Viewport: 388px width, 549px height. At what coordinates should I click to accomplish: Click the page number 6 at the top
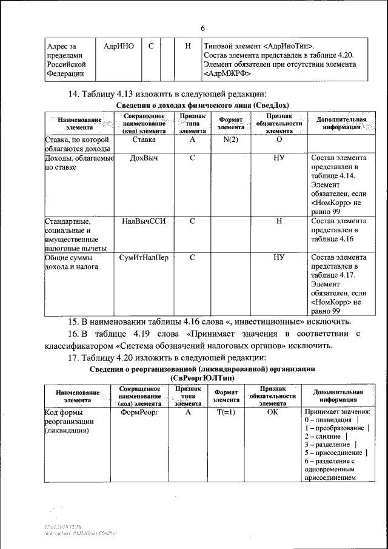(203, 28)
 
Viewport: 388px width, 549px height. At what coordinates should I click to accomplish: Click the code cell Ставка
(144, 140)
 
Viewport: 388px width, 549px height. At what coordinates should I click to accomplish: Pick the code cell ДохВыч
(144, 157)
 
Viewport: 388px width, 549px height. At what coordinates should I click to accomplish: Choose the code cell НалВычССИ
(144, 221)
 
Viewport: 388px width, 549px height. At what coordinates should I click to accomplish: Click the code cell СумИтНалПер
(144, 257)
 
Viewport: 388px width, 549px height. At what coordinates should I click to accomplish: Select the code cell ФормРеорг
(140, 411)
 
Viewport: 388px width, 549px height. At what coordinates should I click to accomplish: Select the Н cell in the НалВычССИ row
(278, 221)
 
